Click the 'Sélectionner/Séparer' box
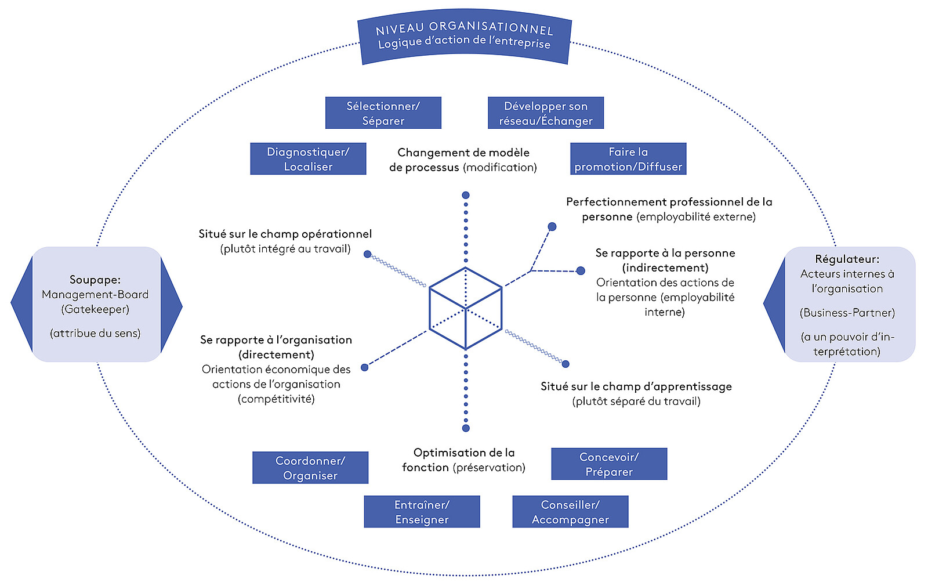click(383, 113)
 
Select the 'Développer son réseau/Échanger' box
click(546, 113)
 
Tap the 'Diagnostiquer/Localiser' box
click(308, 159)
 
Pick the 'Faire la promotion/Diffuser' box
click(628, 159)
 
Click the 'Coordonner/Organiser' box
click(310, 468)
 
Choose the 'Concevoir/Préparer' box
click(609, 464)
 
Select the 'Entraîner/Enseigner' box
click(422, 512)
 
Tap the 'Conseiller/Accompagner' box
click(570, 512)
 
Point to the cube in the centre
click(465, 308)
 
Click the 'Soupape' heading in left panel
click(95, 280)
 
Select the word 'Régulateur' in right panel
click(847, 259)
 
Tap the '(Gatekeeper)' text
click(95, 309)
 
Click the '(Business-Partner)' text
click(847, 313)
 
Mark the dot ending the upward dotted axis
click(465, 196)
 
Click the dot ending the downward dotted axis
click(465, 428)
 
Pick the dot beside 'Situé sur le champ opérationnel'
click(367, 254)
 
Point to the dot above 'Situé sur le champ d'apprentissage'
click(565, 364)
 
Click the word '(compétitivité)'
click(276, 399)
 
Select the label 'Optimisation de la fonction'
click(463, 460)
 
